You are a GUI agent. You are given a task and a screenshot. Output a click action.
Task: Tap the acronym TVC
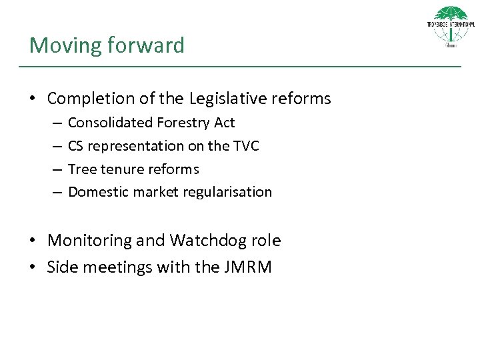(x=246, y=146)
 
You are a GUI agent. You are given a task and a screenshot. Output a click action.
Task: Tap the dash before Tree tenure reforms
(x=57, y=169)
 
